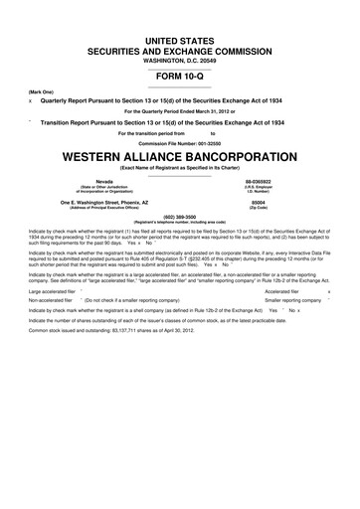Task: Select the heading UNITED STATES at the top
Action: (180, 37)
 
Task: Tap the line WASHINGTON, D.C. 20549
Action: (180, 58)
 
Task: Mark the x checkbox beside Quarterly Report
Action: (31, 101)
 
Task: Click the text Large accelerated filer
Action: (56, 292)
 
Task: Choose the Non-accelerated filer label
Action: (54, 301)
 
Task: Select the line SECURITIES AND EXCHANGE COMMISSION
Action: (180, 47)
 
